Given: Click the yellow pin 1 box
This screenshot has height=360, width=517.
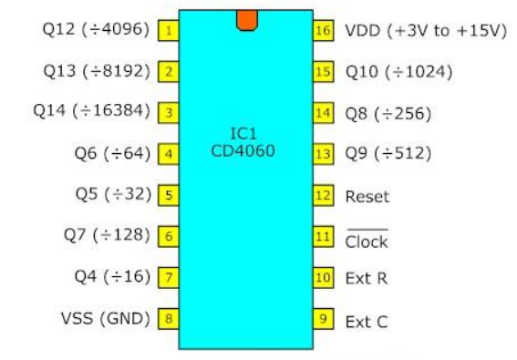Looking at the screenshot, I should (x=169, y=31).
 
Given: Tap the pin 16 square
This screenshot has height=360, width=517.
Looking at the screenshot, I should (x=321, y=31).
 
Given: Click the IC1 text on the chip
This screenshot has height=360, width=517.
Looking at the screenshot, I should (x=244, y=135).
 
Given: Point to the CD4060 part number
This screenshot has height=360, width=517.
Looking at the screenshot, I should (x=244, y=151).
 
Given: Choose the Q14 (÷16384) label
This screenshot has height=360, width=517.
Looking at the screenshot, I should (x=93, y=112).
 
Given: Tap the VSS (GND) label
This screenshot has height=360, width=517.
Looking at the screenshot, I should (x=105, y=318).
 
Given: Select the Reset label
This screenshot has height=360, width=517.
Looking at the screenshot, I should (x=367, y=196).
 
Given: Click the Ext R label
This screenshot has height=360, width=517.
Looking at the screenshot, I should (x=366, y=278).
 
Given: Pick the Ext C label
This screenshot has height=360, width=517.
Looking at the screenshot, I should (x=366, y=320).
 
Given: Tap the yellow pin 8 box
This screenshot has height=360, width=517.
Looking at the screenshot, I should (x=169, y=318).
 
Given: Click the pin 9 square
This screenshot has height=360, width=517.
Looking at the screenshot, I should (x=321, y=318).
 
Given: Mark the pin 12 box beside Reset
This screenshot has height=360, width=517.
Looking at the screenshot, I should (x=321, y=195).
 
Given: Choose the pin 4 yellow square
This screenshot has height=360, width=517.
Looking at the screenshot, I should (x=169, y=154).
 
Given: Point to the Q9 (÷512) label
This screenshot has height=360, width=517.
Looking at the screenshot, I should (x=388, y=153).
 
